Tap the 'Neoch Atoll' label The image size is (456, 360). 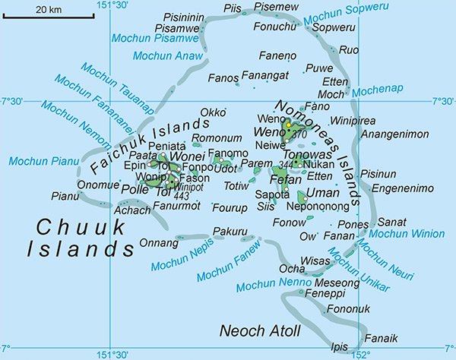pyautogui.click(x=260, y=331)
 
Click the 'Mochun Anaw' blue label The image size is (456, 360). pyautogui.click(x=168, y=55)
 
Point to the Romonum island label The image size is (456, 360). pyautogui.click(x=211, y=139)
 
